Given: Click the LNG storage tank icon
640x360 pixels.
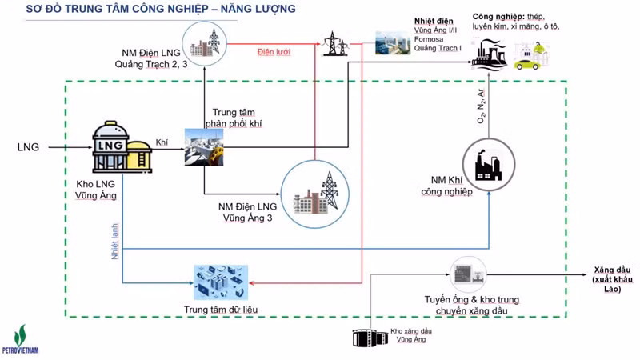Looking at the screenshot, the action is tap(122, 146).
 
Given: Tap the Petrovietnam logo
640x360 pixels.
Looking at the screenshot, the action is tap(21, 339).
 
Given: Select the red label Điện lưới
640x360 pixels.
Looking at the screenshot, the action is tap(274, 52).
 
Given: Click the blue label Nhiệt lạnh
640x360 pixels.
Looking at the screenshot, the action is tap(115, 242).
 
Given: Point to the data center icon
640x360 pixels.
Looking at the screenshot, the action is tap(221, 282).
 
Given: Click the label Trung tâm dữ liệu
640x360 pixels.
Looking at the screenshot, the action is tap(221, 310).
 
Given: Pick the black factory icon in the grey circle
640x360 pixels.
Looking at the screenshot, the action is tap(489, 165).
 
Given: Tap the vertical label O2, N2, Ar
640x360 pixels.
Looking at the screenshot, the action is tap(482, 106).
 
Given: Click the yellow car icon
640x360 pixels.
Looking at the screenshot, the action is tap(527, 65).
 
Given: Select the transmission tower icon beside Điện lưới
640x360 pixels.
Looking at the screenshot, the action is tap(336, 43).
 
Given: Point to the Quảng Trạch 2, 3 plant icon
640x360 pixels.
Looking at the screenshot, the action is tap(204, 43).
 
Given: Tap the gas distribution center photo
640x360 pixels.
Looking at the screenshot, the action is tap(204, 147).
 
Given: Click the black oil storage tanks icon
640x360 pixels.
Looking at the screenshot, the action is tap(370, 338).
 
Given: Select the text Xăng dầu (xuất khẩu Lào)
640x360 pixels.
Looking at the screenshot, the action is tap(613, 279).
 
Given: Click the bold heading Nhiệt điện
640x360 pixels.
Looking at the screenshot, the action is tap(434, 21).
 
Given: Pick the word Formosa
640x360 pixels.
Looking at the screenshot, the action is tap(429, 39).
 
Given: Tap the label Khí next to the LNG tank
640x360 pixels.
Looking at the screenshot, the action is tap(162, 142).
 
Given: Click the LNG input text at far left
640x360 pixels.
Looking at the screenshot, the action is tap(28, 147).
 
